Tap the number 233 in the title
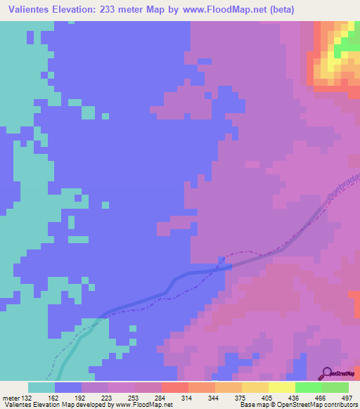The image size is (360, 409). click(112, 10)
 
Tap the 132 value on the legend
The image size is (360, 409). click(27, 397)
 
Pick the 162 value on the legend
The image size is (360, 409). click(53, 397)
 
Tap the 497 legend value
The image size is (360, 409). click(340, 397)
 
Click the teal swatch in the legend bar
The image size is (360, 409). click(41, 387)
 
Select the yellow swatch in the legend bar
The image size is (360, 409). click(281, 387)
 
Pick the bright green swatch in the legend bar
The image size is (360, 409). click(308, 387)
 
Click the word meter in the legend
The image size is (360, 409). click(11, 397)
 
